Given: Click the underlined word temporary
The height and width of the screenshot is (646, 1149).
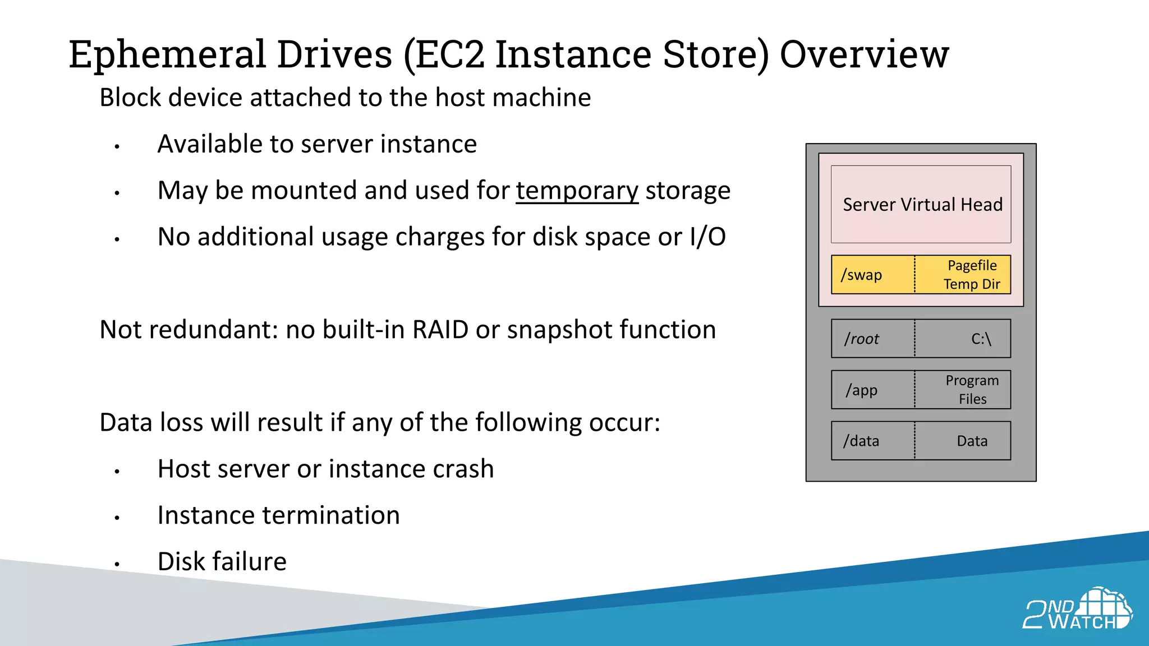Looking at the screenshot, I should coord(577,191).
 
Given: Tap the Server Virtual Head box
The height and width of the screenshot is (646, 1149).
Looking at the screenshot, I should coord(921,204).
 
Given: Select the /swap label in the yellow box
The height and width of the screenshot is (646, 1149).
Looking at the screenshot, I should coord(861,275).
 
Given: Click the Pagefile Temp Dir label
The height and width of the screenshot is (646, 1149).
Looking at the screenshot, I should coord(972,275).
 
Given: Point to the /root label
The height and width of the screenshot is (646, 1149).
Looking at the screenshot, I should coord(862,339).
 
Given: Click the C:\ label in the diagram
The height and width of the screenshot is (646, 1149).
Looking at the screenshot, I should coord(981,339).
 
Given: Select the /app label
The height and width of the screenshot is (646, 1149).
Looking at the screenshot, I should coord(862,390).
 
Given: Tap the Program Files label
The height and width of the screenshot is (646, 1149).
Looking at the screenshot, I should coord(972,390).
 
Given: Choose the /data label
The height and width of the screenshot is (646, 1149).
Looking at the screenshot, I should coord(861,441).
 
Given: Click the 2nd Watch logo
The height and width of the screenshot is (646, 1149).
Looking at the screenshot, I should coord(1077,610).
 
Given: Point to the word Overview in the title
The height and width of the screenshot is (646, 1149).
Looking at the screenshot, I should coord(864,55).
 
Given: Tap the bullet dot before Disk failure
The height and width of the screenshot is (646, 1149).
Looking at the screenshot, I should coord(117,564).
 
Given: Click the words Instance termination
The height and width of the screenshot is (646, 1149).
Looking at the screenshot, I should coord(278,515).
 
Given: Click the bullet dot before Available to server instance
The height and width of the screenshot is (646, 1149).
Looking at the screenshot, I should coord(117,147).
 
